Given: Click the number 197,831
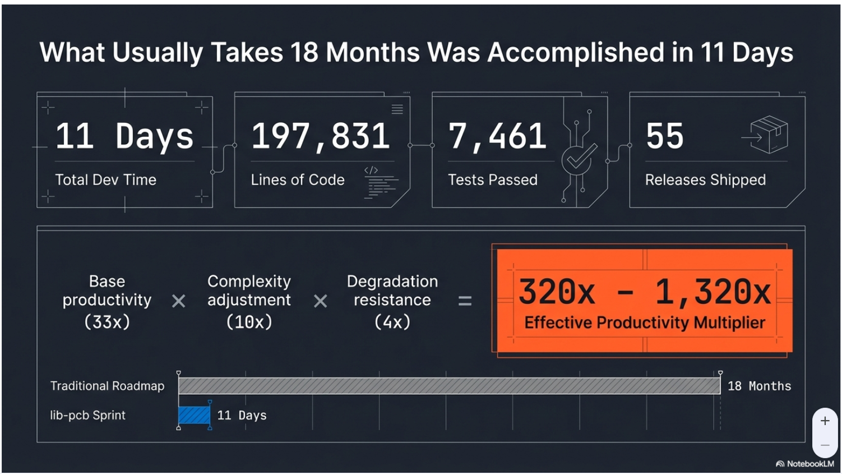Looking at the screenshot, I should tap(321, 136).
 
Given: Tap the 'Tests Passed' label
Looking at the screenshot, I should tap(492, 180).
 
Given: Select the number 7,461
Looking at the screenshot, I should tap(497, 136).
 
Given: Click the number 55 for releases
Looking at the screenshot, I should tap(664, 136).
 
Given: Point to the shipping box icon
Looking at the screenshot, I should tap(766, 135).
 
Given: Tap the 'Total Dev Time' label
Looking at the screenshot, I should tap(105, 180).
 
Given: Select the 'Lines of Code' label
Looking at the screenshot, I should tap(297, 180).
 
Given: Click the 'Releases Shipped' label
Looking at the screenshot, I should tap(705, 180).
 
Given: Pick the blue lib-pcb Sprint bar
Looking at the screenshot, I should tap(194, 415).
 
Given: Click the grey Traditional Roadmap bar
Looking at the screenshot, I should tap(448, 386).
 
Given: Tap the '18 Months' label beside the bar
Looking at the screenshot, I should tap(759, 386).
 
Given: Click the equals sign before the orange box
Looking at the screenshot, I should tap(465, 301).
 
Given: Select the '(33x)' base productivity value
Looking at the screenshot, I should tap(107, 322).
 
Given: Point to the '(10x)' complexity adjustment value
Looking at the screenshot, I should tap(249, 322).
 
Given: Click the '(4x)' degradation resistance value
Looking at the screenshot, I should tap(392, 322).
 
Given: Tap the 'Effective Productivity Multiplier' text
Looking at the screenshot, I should tap(645, 323).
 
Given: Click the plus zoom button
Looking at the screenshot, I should tap(825, 421).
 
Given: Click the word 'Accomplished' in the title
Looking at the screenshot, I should tap(576, 53).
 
